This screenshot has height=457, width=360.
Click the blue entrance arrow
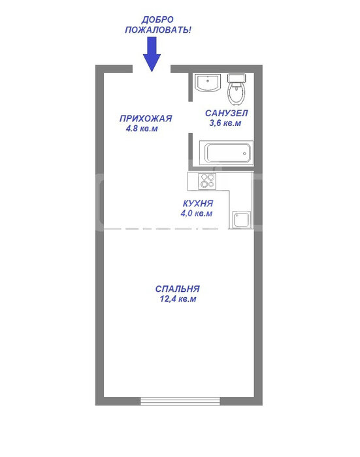(x=152, y=54)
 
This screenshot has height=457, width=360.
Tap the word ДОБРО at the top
(x=157, y=20)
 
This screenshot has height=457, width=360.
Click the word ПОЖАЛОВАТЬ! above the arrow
(x=158, y=30)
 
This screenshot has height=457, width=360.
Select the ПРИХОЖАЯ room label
(x=146, y=118)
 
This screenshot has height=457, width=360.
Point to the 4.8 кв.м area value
(x=142, y=128)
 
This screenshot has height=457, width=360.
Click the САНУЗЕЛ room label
(x=226, y=113)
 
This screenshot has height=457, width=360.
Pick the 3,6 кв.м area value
(x=225, y=123)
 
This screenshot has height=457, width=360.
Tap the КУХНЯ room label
(x=198, y=203)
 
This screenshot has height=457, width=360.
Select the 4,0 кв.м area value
(x=197, y=213)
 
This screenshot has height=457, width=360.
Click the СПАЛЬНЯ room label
(x=177, y=289)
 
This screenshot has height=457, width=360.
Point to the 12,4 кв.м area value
(x=178, y=299)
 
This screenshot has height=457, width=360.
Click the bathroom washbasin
(x=208, y=83)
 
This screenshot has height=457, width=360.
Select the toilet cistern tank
(x=237, y=78)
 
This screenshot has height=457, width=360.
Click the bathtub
(x=226, y=153)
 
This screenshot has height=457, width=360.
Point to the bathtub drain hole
(x=244, y=153)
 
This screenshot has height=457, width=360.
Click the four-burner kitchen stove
(x=207, y=181)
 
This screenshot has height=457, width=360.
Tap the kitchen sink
(x=241, y=220)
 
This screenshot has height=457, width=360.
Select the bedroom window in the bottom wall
(x=180, y=401)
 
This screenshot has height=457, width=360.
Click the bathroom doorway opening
(x=191, y=117)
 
